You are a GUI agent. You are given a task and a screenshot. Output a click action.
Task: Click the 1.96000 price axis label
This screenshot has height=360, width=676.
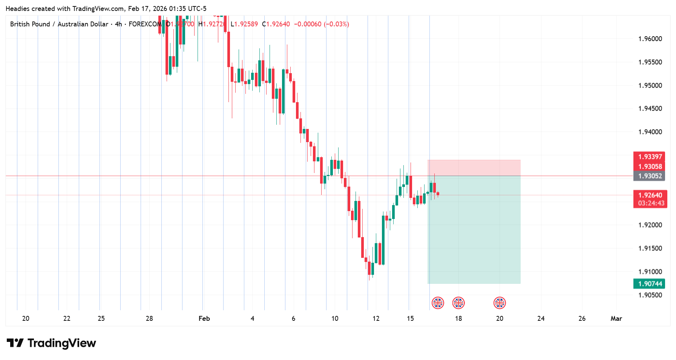pyautogui.click(x=650, y=39)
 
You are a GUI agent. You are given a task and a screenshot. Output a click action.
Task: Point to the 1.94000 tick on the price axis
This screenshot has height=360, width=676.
pyautogui.click(x=650, y=132)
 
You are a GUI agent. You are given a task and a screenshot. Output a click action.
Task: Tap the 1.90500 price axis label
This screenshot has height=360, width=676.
pyautogui.click(x=650, y=295)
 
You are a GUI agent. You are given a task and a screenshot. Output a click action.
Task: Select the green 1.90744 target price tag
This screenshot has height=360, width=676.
pyautogui.click(x=650, y=284)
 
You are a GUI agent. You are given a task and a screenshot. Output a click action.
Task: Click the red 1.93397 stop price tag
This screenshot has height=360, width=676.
pyautogui.click(x=650, y=157)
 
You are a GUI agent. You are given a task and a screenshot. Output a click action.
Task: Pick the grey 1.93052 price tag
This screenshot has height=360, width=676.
pyautogui.click(x=650, y=176)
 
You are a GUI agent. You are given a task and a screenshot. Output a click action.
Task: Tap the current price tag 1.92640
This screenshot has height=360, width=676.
pyautogui.click(x=650, y=195)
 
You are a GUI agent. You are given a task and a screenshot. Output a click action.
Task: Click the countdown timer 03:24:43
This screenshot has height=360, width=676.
pyautogui.click(x=651, y=204)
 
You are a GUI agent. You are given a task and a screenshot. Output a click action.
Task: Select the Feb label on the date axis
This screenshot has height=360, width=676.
pyautogui.click(x=204, y=319)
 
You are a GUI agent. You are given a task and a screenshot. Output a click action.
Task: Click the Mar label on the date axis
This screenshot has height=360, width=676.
pyautogui.click(x=616, y=319)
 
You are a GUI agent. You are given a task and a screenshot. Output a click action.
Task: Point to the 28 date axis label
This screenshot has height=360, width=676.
pyautogui.click(x=149, y=319)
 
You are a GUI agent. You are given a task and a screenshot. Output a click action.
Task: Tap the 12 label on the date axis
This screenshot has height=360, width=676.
pyautogui.click(x=376, y=319)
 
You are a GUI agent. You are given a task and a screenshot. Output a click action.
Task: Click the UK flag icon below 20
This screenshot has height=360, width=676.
pyautogui.click(x=500, y=303)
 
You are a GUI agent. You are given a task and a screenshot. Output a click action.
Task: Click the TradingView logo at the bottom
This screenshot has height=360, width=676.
pyautogui.click(x=52, y=343)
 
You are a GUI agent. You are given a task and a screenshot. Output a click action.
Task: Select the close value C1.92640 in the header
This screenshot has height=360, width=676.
pyautogui.click(x=278, y=24)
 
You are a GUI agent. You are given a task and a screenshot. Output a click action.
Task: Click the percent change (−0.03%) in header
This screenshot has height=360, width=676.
pyautogui.click(x=336, y=24)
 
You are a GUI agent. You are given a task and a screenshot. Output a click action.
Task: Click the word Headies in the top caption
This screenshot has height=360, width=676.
pyautogui.click(x=17, y=9)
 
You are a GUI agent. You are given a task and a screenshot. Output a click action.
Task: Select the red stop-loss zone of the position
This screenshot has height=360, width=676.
pyautogui.click(x=474, y=168)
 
